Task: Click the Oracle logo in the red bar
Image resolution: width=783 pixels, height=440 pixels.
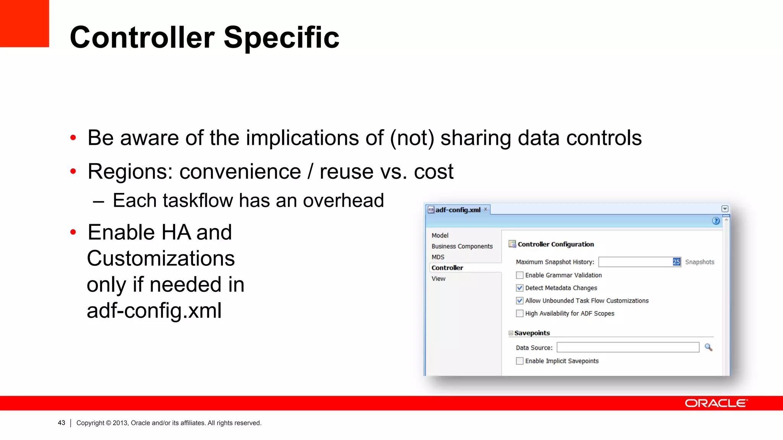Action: (716, 403)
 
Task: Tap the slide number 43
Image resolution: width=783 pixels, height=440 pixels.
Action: (62, 423)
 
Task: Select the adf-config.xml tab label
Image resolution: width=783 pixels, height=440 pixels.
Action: (458, 210)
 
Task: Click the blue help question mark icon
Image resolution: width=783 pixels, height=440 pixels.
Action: (716, 221)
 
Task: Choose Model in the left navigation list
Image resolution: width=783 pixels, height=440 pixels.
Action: (440, 235)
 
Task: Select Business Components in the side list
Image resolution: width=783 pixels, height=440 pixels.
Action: (462, 246)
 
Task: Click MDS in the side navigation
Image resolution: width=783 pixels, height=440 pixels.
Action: (438, 257)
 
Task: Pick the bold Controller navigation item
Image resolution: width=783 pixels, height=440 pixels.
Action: (447, 268)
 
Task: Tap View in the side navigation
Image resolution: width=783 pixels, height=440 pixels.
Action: (438, 278)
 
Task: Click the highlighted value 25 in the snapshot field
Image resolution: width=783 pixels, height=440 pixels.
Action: (676, 262)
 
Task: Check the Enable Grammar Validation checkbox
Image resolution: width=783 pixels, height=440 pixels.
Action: (520, 275)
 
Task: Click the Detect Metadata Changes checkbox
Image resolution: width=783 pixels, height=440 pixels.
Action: (520, 288)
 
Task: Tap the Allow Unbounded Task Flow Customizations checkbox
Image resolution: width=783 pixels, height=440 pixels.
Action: (520, 301)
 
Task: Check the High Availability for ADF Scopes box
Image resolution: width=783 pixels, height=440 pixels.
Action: (520, 314)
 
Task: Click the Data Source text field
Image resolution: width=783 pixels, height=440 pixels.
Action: (627, 348)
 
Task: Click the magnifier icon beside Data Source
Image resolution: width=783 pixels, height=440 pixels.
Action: (708, 347)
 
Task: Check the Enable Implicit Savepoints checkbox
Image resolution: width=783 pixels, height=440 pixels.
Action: (520, 361)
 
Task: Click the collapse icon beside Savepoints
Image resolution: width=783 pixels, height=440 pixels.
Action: (511, 333)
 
